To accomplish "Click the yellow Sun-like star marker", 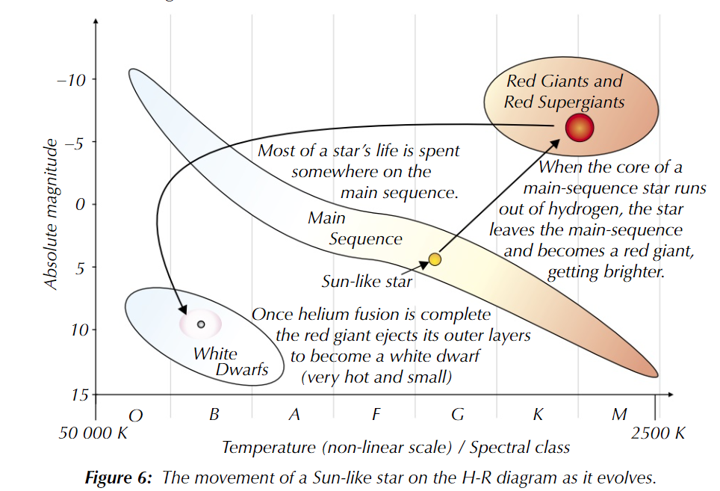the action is pyautogui.click(x=435, y=259).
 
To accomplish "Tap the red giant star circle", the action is pyautogui.click(x=579, y=129).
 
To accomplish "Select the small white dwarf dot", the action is pyautogui.click(x=201, y=324).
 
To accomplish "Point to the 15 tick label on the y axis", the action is pyautogui.click(x=78, y=394).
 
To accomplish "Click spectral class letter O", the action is pyautogui.click(x=135, y=415).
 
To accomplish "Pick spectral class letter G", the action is pyautogui.click(x=458, y=414).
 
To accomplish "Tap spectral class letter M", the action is pyautogui.click(x=619, y=414).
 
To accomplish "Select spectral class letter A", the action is pyautogui.click(x=294, y=414).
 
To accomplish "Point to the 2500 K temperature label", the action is pyautogui.click(x=658, y=433).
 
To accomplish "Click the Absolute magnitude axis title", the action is pyautogui.click(x=51, y=214).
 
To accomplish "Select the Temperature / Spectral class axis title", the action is pyautogui.click(x=396, y=448).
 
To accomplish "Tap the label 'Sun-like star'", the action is pyautogui.click(x=367, y=281).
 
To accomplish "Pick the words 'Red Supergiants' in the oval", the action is pyautogui.click(x=565, y=102).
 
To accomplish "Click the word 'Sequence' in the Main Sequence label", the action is pyautogui.click(x=365, y=239).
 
